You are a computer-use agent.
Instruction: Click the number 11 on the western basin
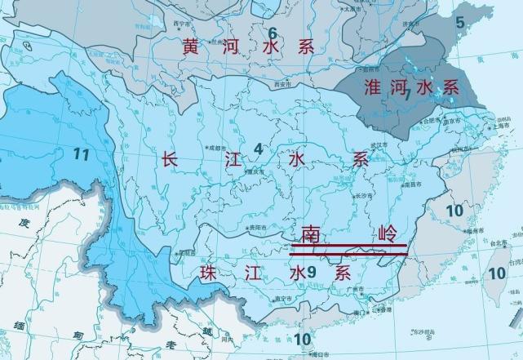click(x=80, y=152)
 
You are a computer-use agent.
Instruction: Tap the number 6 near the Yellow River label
click(x=273, y=33)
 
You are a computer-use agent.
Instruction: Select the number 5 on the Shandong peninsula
click(x=459, y=23)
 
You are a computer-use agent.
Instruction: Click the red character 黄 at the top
click(x=191, y=47)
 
